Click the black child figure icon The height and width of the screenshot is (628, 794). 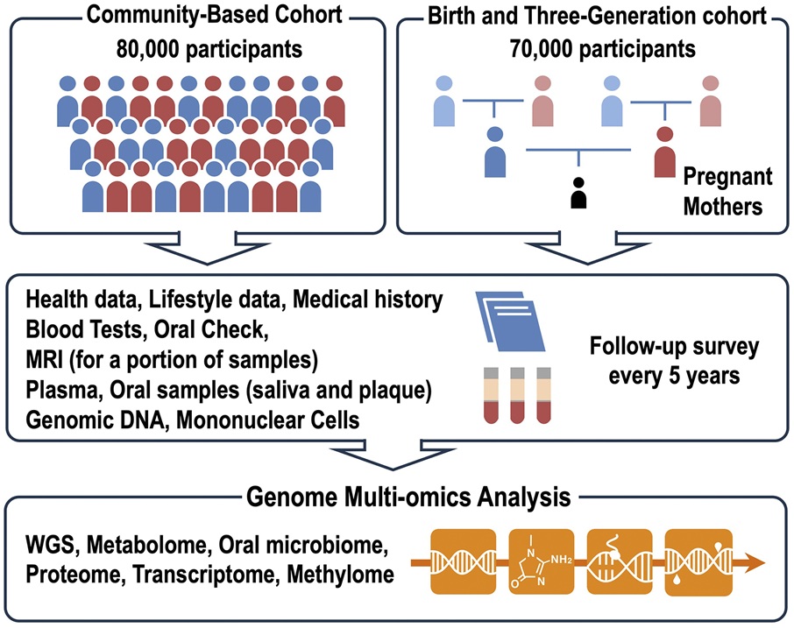(578, 194)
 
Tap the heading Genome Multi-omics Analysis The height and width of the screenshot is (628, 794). (396, 498)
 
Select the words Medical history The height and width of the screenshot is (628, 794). (368, 300)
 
